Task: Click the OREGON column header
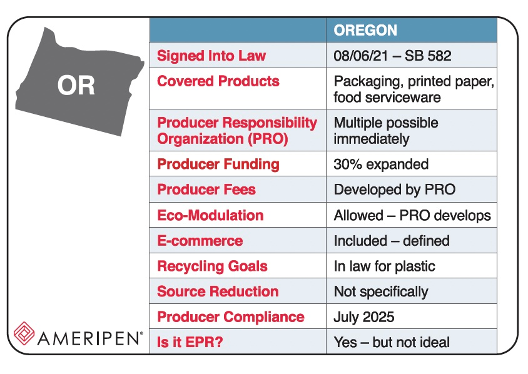coord(365,31)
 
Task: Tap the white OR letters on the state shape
coord(76,86)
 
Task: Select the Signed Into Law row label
coord(211,56)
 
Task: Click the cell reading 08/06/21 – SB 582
coord(392,56)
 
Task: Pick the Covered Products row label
coord(218,81)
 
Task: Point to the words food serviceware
coord(387,97)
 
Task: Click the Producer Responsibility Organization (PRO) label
coord(237,130)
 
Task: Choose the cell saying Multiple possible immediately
coord(385,130)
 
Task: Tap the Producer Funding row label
coord(218,164)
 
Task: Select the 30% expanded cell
coord(381,164)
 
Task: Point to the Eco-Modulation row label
coord(210,215)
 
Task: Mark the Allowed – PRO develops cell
coord(412,215)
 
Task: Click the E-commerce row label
coord(200,241)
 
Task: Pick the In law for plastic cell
coord(384,266)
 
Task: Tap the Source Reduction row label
coord(218,291)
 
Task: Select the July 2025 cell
coord(363,317)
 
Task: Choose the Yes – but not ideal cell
coord(392,342)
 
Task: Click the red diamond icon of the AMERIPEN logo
coord(25,333)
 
